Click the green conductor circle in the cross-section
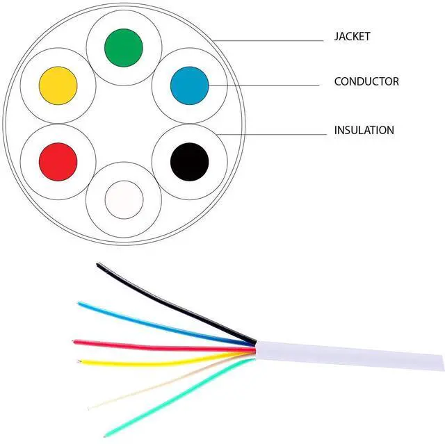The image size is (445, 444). point(124,47)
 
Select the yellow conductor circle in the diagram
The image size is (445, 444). point(58,86)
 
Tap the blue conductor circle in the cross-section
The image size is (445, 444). point(189,85)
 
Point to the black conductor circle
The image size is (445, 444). point(189,161)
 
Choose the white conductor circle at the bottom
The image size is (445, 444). point(124,199)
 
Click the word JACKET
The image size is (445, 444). point(353,36)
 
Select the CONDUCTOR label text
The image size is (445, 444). point(366,81)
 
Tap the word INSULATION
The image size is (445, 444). point(364,130)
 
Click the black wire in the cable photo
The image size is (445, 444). point(174,304)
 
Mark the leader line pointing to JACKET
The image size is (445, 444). point(271,40)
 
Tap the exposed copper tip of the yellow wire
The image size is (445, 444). point(80,361)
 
